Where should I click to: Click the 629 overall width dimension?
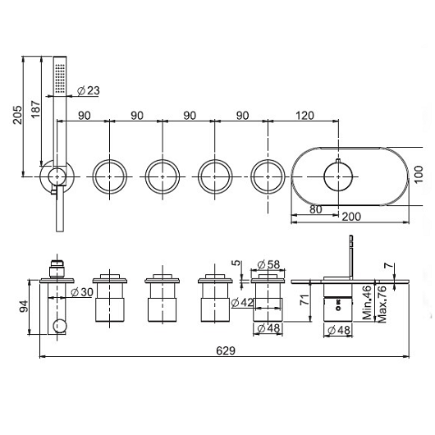click(x=226, y=350)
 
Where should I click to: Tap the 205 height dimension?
click(x=18, y=115)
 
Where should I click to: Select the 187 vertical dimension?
click(x=36, y=108)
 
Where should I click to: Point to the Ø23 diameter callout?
click(x=88, y=90)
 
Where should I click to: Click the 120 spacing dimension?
click(x=304, y=116)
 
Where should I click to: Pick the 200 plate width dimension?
click(x=351, y=217)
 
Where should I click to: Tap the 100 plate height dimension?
click(x=419, y=174)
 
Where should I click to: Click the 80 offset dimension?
click(x=315, y=209)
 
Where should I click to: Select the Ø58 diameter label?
click(x=268, y=264)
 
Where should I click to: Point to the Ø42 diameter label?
click(x=242, y=302)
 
